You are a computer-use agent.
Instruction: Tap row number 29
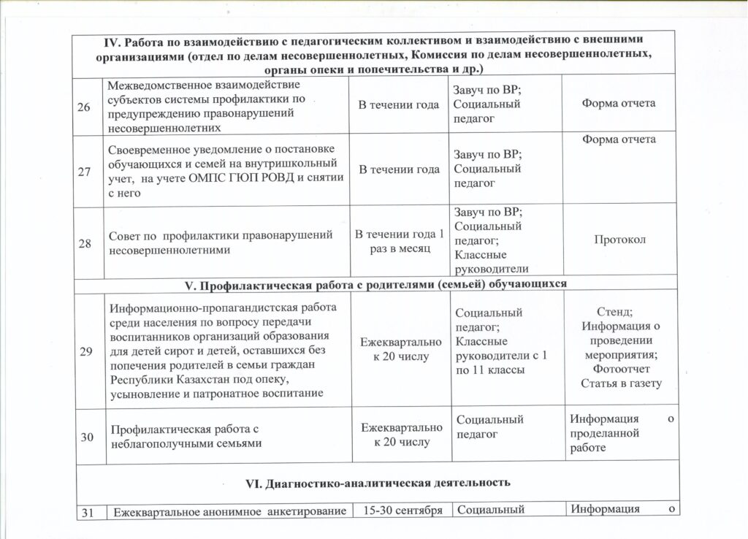pyautogui.click(x=85, y=352)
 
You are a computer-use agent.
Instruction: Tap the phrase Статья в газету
pyautogui.click(x=620, y=383)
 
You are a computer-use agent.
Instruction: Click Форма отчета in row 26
pyautogui.click(x=618, y=103)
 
